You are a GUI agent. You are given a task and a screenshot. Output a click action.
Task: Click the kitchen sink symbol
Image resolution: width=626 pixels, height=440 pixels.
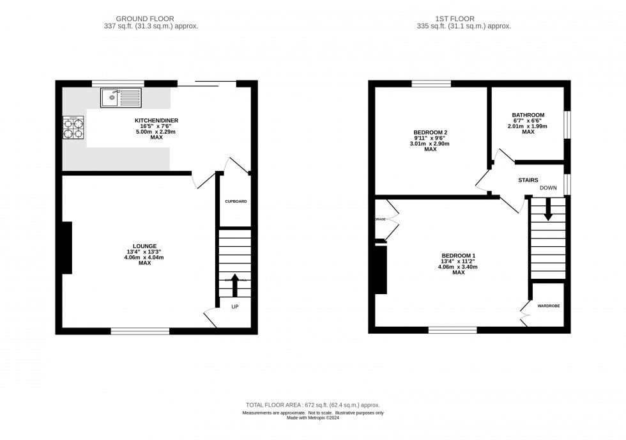click(121, 98)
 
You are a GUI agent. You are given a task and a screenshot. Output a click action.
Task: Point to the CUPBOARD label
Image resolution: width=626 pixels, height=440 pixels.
click(235, 201)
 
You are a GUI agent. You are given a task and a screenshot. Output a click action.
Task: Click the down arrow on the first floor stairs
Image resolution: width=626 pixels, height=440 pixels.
click(547, 210)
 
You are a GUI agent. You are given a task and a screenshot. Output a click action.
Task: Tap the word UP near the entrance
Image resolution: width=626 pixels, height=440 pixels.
click(235, 308)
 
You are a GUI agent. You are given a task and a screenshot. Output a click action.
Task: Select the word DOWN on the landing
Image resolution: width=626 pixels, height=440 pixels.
click(548, 188)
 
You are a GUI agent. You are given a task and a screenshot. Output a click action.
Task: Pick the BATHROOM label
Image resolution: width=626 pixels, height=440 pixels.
click(528, 115)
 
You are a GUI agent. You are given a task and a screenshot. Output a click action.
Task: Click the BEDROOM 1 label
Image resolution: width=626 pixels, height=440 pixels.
click(458, 255)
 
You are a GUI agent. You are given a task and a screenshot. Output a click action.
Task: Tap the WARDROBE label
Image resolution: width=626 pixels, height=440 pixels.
click(548, 306)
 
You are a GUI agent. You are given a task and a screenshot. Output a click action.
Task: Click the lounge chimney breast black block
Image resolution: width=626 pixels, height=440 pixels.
click(66, 248)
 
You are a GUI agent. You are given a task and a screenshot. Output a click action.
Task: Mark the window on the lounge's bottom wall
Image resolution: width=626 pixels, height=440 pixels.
click(140, 331)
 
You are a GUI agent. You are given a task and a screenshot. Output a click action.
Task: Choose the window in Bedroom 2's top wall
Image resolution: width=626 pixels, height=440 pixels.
click(431, 84)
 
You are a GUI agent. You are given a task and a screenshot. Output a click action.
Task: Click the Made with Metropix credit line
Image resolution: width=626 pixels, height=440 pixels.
click(312, 418)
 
